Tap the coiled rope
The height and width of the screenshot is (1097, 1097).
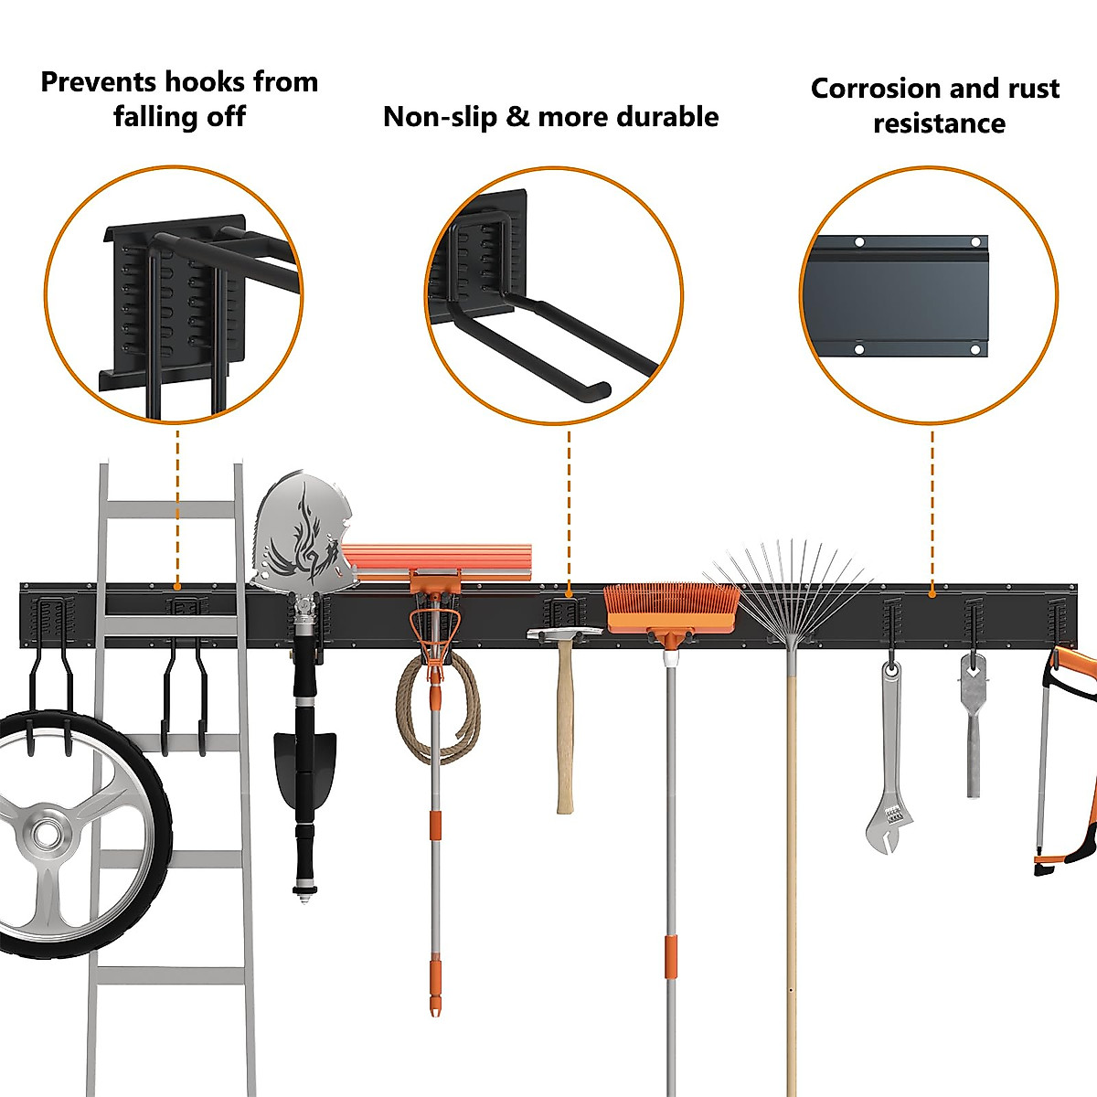click(437, 704)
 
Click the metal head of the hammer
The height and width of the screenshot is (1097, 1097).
click(564, 632)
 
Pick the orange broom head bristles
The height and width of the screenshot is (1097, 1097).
click(672, 605)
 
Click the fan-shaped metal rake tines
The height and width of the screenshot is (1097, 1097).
click(786, 585)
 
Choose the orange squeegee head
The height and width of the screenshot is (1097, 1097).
click(439, 559)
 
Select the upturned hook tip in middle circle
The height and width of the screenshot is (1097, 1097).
click(599, 391)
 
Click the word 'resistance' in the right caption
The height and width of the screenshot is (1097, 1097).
click(939, 123)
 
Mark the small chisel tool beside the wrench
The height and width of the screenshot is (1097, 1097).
click(973, 731)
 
